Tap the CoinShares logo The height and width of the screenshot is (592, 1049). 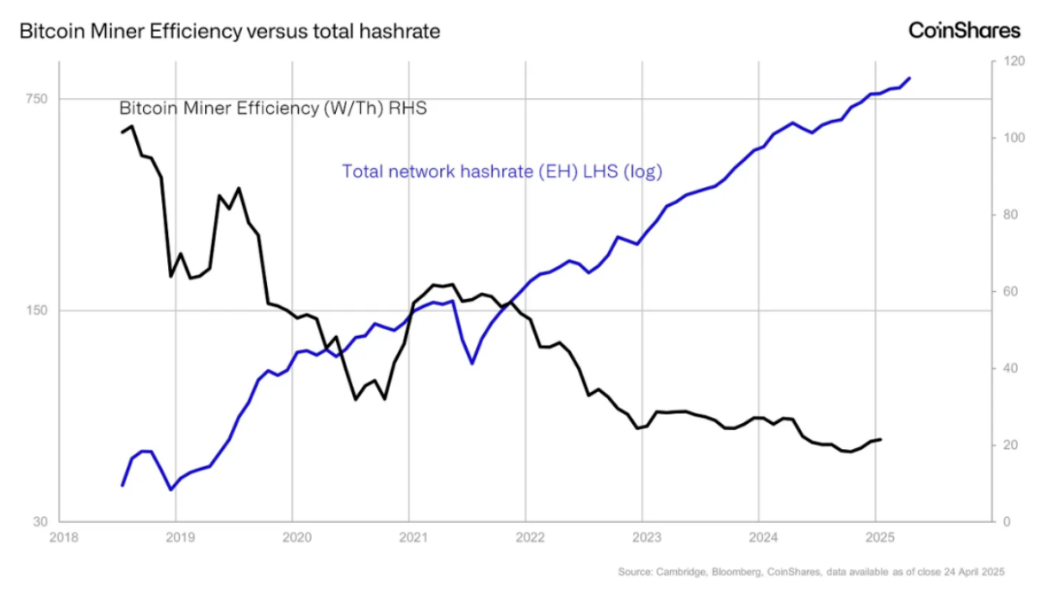(x=965, y=30)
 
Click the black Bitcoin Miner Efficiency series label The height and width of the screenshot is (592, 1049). (x=273, y=109)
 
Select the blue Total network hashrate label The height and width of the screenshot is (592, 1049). (x=502, y=171)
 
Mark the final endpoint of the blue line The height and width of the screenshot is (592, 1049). (x=909, y=78)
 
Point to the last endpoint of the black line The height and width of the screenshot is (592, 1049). (x=880, y=439)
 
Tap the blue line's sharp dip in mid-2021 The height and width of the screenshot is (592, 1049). (x=472, y=363)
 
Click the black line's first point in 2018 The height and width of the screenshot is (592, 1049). (x=122, y=132)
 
